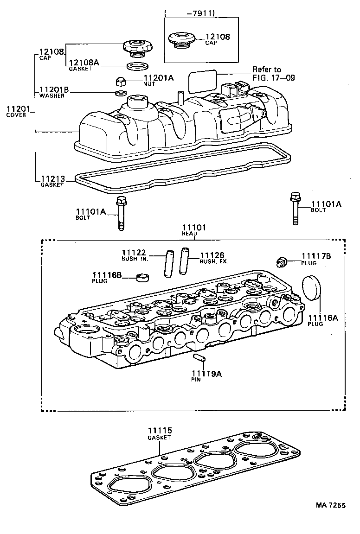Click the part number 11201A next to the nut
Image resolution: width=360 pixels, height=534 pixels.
[x=159, y=78]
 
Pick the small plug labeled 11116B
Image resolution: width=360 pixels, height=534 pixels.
[x=143, y=278]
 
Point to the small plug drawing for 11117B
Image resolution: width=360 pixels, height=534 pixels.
[x=281, y=261]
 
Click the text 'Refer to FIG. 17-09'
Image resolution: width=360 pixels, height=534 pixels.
[x=273, y=74]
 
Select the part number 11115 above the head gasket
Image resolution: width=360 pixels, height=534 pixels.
[x=160, y=431]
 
